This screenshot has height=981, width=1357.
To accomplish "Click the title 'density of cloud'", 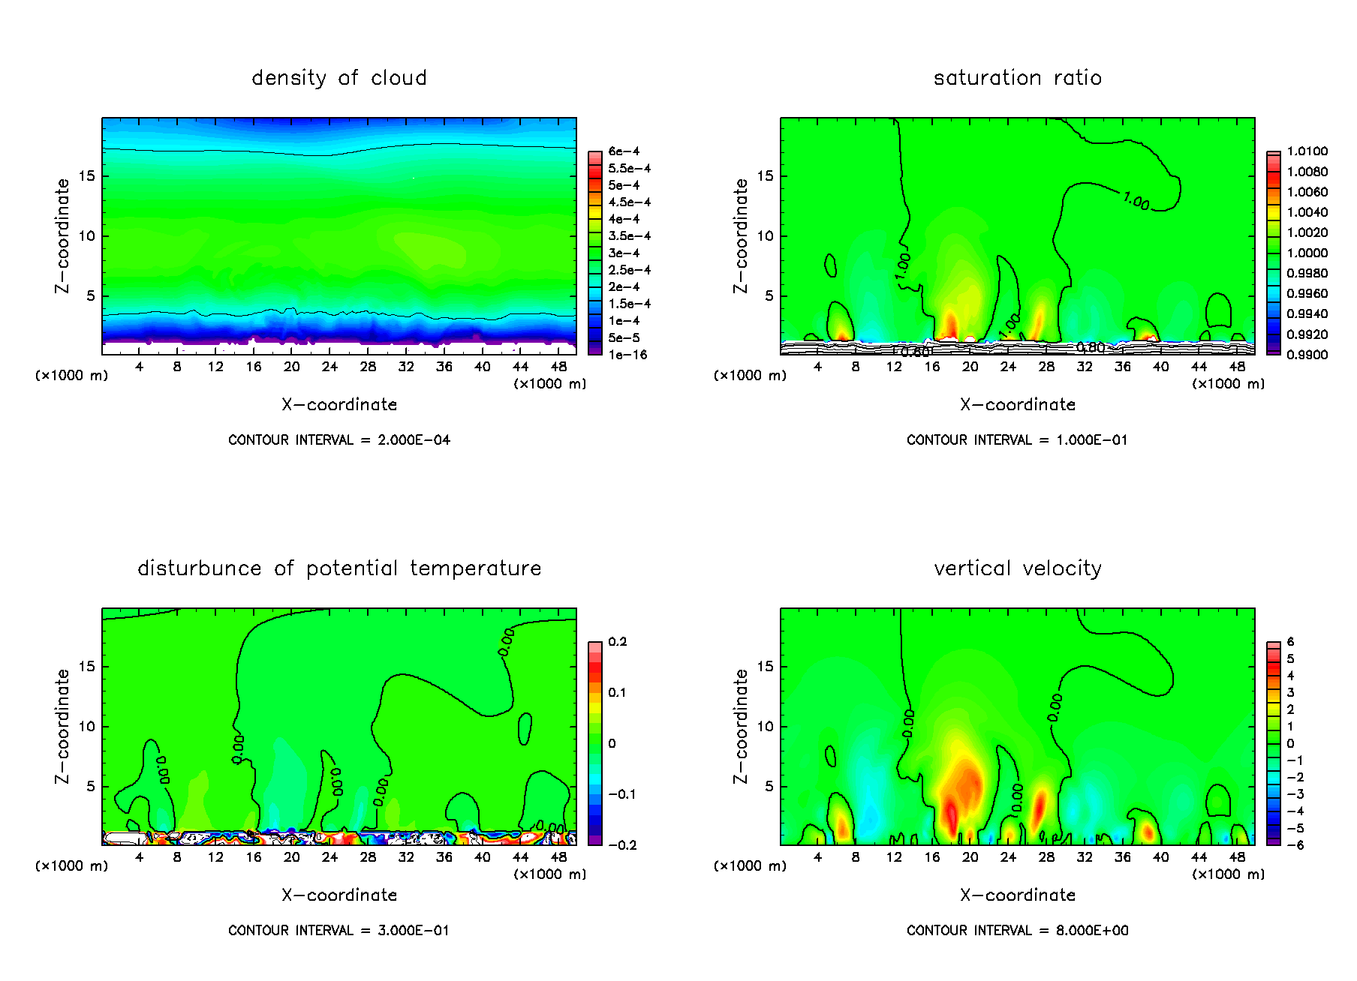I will coord(338,78).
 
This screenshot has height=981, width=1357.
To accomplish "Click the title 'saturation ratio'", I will coord(1017,78).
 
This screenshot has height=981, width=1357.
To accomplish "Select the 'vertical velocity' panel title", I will coord(1017,568).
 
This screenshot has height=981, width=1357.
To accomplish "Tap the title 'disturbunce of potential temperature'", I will coord(338,568).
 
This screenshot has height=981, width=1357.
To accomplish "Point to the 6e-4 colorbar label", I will coord(624,151).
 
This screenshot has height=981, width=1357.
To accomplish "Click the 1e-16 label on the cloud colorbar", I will coord(627,355).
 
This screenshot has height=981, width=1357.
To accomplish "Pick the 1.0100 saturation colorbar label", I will coord(1307,151).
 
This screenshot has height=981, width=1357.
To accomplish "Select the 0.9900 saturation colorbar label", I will coord(1307,355).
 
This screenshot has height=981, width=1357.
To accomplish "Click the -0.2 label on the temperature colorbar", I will coord(622,845).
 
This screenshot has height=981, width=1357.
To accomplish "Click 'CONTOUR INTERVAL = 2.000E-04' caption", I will coord(338,440).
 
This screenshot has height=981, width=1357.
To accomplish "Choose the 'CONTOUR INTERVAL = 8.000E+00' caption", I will coord(1017,931).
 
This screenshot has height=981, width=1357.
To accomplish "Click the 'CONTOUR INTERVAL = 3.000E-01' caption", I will coord(338,931).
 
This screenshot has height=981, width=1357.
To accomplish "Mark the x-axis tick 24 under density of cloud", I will coord(329,367).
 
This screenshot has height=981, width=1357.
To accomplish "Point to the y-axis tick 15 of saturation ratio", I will coord(764,176).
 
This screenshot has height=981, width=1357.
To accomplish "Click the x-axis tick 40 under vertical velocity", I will coord(1160,857).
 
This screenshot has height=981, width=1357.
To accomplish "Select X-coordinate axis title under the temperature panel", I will coord(338,895).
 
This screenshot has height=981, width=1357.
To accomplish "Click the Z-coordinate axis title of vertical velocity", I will coord(741,726).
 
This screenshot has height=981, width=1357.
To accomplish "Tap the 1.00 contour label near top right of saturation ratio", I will coord(1136,201).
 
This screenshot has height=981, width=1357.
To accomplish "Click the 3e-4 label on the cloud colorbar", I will coord(624,253).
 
